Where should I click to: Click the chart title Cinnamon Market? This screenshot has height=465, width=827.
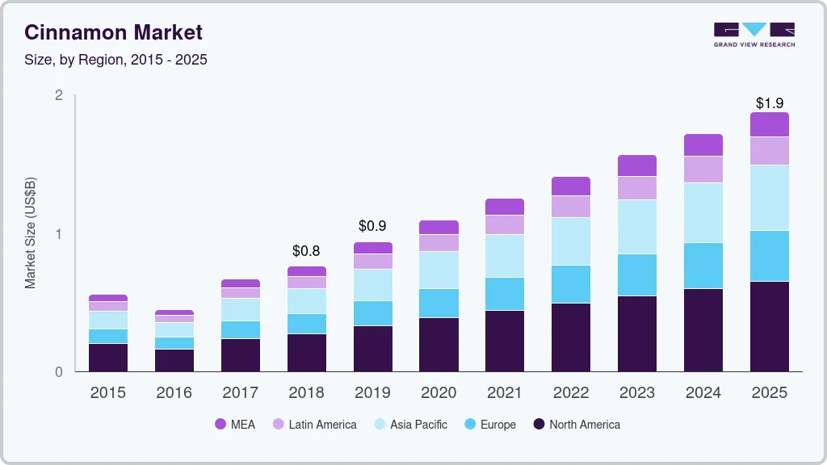pyautogui.click(x=113, y=32)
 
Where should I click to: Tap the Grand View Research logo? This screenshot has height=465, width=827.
pyautogui.click(x=754, y=34)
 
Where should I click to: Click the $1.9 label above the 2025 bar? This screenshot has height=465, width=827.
pyautogui.click(x=769, y=103)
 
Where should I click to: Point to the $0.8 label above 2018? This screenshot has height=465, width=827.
pyautogui.click(x=306, y=251)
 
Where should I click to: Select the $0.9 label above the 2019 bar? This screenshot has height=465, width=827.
pyautogui.click(x=372, y=227)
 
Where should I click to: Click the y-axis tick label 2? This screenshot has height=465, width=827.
pyautogui.click(x=59, y=95)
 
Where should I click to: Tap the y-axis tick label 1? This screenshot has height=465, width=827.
pyautogui.click(x=59, y=234)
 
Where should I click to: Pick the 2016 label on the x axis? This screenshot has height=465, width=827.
pyautogui.click(x=174, y=393)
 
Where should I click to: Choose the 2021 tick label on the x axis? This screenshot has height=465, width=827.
pyautogui.click(x=505, y=393)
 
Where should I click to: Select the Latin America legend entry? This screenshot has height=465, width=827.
pyautogui.click(x=314, y=425)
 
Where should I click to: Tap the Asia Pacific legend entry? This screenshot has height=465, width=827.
pyautogui.click(x=409, y=425)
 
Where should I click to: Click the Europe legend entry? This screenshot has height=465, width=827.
pyautogui.click(x=489, y=425)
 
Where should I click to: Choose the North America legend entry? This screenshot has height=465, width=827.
pyautogui.click(x=576, y=425)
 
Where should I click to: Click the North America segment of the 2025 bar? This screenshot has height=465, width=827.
pyautogui.click(x=769, y=327)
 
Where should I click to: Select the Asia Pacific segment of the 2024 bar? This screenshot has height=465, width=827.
pyautogui.click(x=703, y=213)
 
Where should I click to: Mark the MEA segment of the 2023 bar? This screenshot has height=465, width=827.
pyautogui.click(x=636, y=165)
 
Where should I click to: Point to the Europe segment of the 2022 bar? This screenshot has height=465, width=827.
pyautogui.click(x=570, y=284)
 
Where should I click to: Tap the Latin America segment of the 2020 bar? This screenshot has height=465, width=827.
pyautogui.click(x=439, y=243)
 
